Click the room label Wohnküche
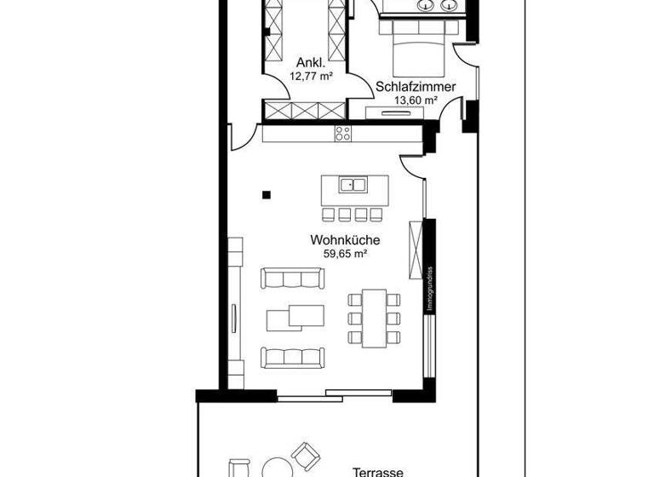pyautogui.click(x=345, y=240)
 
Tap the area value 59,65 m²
pyautogui.click(x=345, y=253)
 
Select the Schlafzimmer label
pyautogui.click(x=415, y=86)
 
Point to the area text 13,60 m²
pyautogui.click(x=415, y=100)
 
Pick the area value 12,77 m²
pyautogui.click(x=311, y=76)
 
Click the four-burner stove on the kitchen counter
pyautogui.click(x=343, y=133)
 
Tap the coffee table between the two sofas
pyautogui.click(x=295, y=316)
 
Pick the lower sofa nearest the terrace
pyautogui.click(x=292, y=356)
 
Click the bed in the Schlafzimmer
pyautogui.click(x=417, y=49)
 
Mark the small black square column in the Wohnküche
pyautogui.click(x=267, y=194)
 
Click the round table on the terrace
pyautogui.click(x=275, y=468)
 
